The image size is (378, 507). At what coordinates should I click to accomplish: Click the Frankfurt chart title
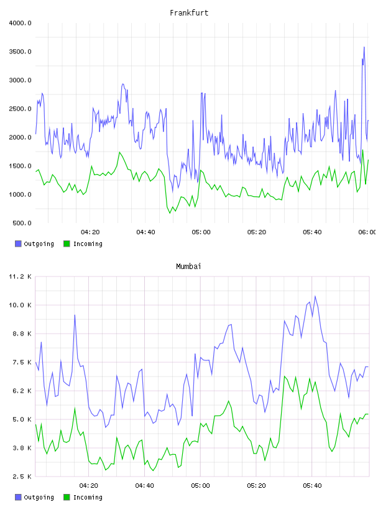click(189, 13)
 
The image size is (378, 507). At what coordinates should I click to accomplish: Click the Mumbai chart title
click(188, 267)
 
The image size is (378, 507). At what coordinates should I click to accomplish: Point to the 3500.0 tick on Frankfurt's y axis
click(20, 52)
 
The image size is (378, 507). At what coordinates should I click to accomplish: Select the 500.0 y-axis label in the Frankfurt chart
click(22, 223)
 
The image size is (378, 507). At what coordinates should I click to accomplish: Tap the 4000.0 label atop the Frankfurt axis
click(20, 23)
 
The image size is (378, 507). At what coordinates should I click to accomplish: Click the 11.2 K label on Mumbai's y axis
click(20, 276)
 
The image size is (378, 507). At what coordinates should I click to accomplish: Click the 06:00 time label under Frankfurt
click(367, 232)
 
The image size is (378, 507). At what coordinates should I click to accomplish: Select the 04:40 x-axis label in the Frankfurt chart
click(145, 232)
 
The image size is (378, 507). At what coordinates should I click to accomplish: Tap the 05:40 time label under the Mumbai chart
click(312, 486)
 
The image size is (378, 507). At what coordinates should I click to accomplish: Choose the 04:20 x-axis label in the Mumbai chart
click(89, 486)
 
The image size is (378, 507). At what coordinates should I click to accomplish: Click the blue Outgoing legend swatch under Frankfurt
click(18, 244)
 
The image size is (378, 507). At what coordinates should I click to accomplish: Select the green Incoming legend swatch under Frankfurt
click(67, 244)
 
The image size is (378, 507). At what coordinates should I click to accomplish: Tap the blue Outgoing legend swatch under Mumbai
click(18, 497)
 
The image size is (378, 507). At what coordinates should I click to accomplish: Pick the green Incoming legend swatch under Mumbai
click(67, 497)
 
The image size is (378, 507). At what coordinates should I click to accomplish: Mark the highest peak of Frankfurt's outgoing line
click(364, 47)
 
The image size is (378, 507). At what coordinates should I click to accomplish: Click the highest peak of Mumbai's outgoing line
click(315, 296)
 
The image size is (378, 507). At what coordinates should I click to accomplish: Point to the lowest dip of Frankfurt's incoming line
click(170, 213)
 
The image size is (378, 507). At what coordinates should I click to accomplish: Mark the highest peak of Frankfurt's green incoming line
click(363, 150)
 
